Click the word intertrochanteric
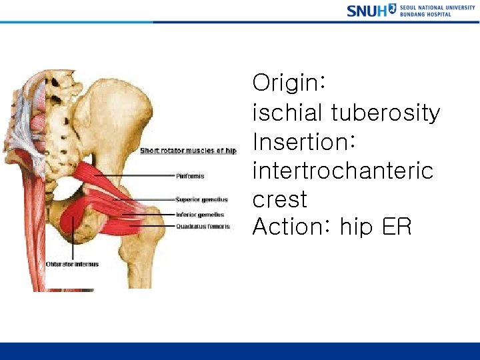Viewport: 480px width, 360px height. (343, 171)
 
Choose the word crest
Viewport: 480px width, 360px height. (280, 199)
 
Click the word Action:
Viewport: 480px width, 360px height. (292, 227)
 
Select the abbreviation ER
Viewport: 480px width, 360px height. (397, 227)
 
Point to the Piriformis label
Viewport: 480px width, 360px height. (191, 177)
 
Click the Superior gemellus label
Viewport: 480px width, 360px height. (201, 199)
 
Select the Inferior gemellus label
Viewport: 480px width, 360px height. (200, 215)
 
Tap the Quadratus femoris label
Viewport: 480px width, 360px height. (203, 227)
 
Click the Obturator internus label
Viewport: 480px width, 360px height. (72, 265)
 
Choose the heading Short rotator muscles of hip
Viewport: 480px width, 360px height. (188, 151)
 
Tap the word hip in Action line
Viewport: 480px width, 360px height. (357, 227)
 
